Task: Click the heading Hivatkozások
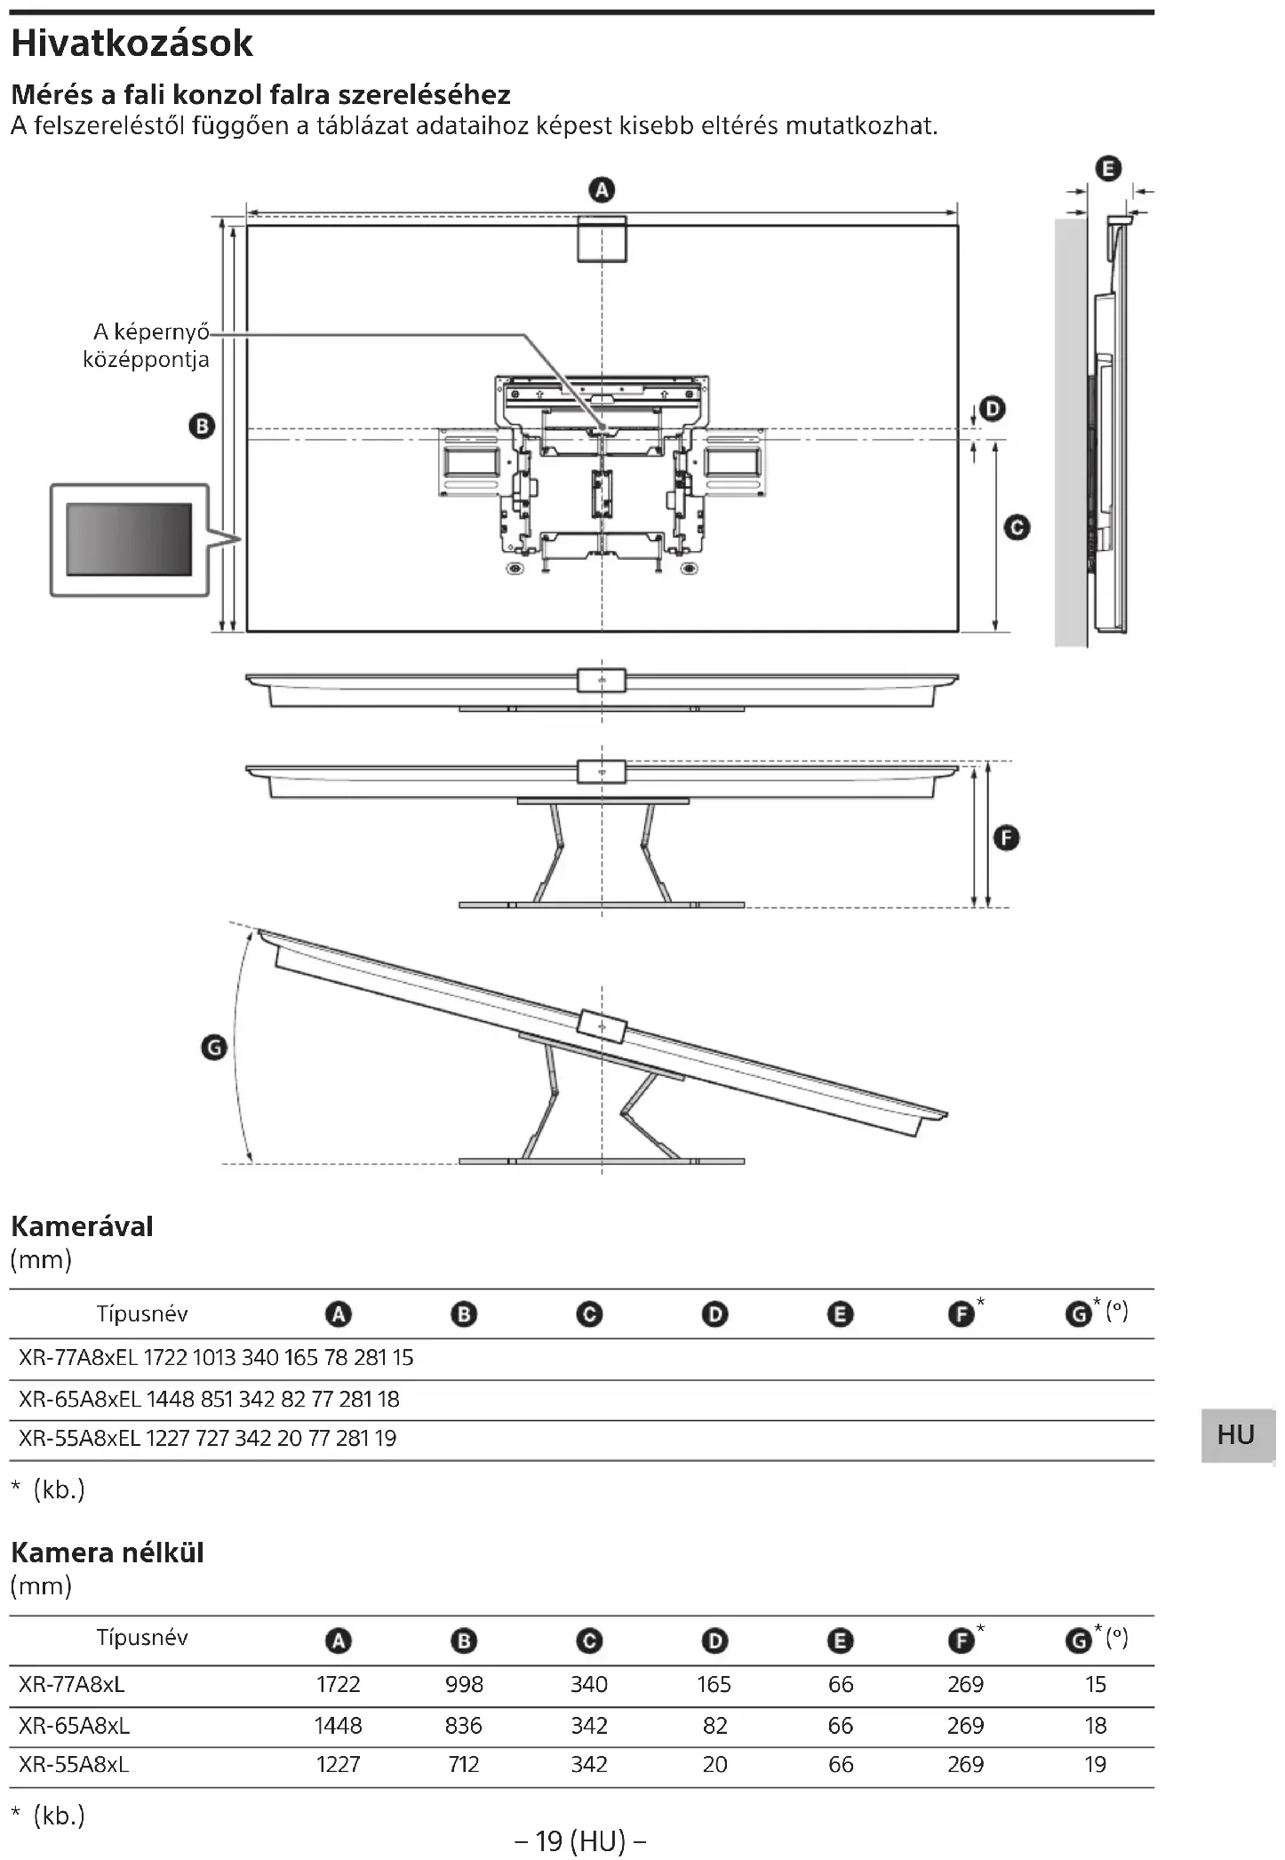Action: click(132, 44)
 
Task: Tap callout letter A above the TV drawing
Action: click(602, 190)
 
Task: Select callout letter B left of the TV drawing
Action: click(202, 427)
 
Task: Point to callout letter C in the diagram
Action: click(1017, 528)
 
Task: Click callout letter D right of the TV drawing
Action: click(992, 409)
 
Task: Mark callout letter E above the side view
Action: click(1108, 169)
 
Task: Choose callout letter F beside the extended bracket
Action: click(1006, 838)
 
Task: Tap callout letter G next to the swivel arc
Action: click(214, 1049)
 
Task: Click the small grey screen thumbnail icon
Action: click(130, 539)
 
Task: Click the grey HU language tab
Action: click(1236, 1434)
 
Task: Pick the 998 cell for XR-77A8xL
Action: click(464, 1684)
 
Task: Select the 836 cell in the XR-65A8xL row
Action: click(463, 1725)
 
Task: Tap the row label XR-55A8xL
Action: click(74, 1764)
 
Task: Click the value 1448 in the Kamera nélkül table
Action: click(338, 1725)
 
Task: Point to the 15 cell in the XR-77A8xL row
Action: click(1095, 1684)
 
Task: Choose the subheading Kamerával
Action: click(82, 1226)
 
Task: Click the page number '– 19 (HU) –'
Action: click(580, 1840)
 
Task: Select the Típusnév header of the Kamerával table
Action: click(142, 1313)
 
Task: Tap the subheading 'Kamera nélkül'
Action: click(108, 1553)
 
